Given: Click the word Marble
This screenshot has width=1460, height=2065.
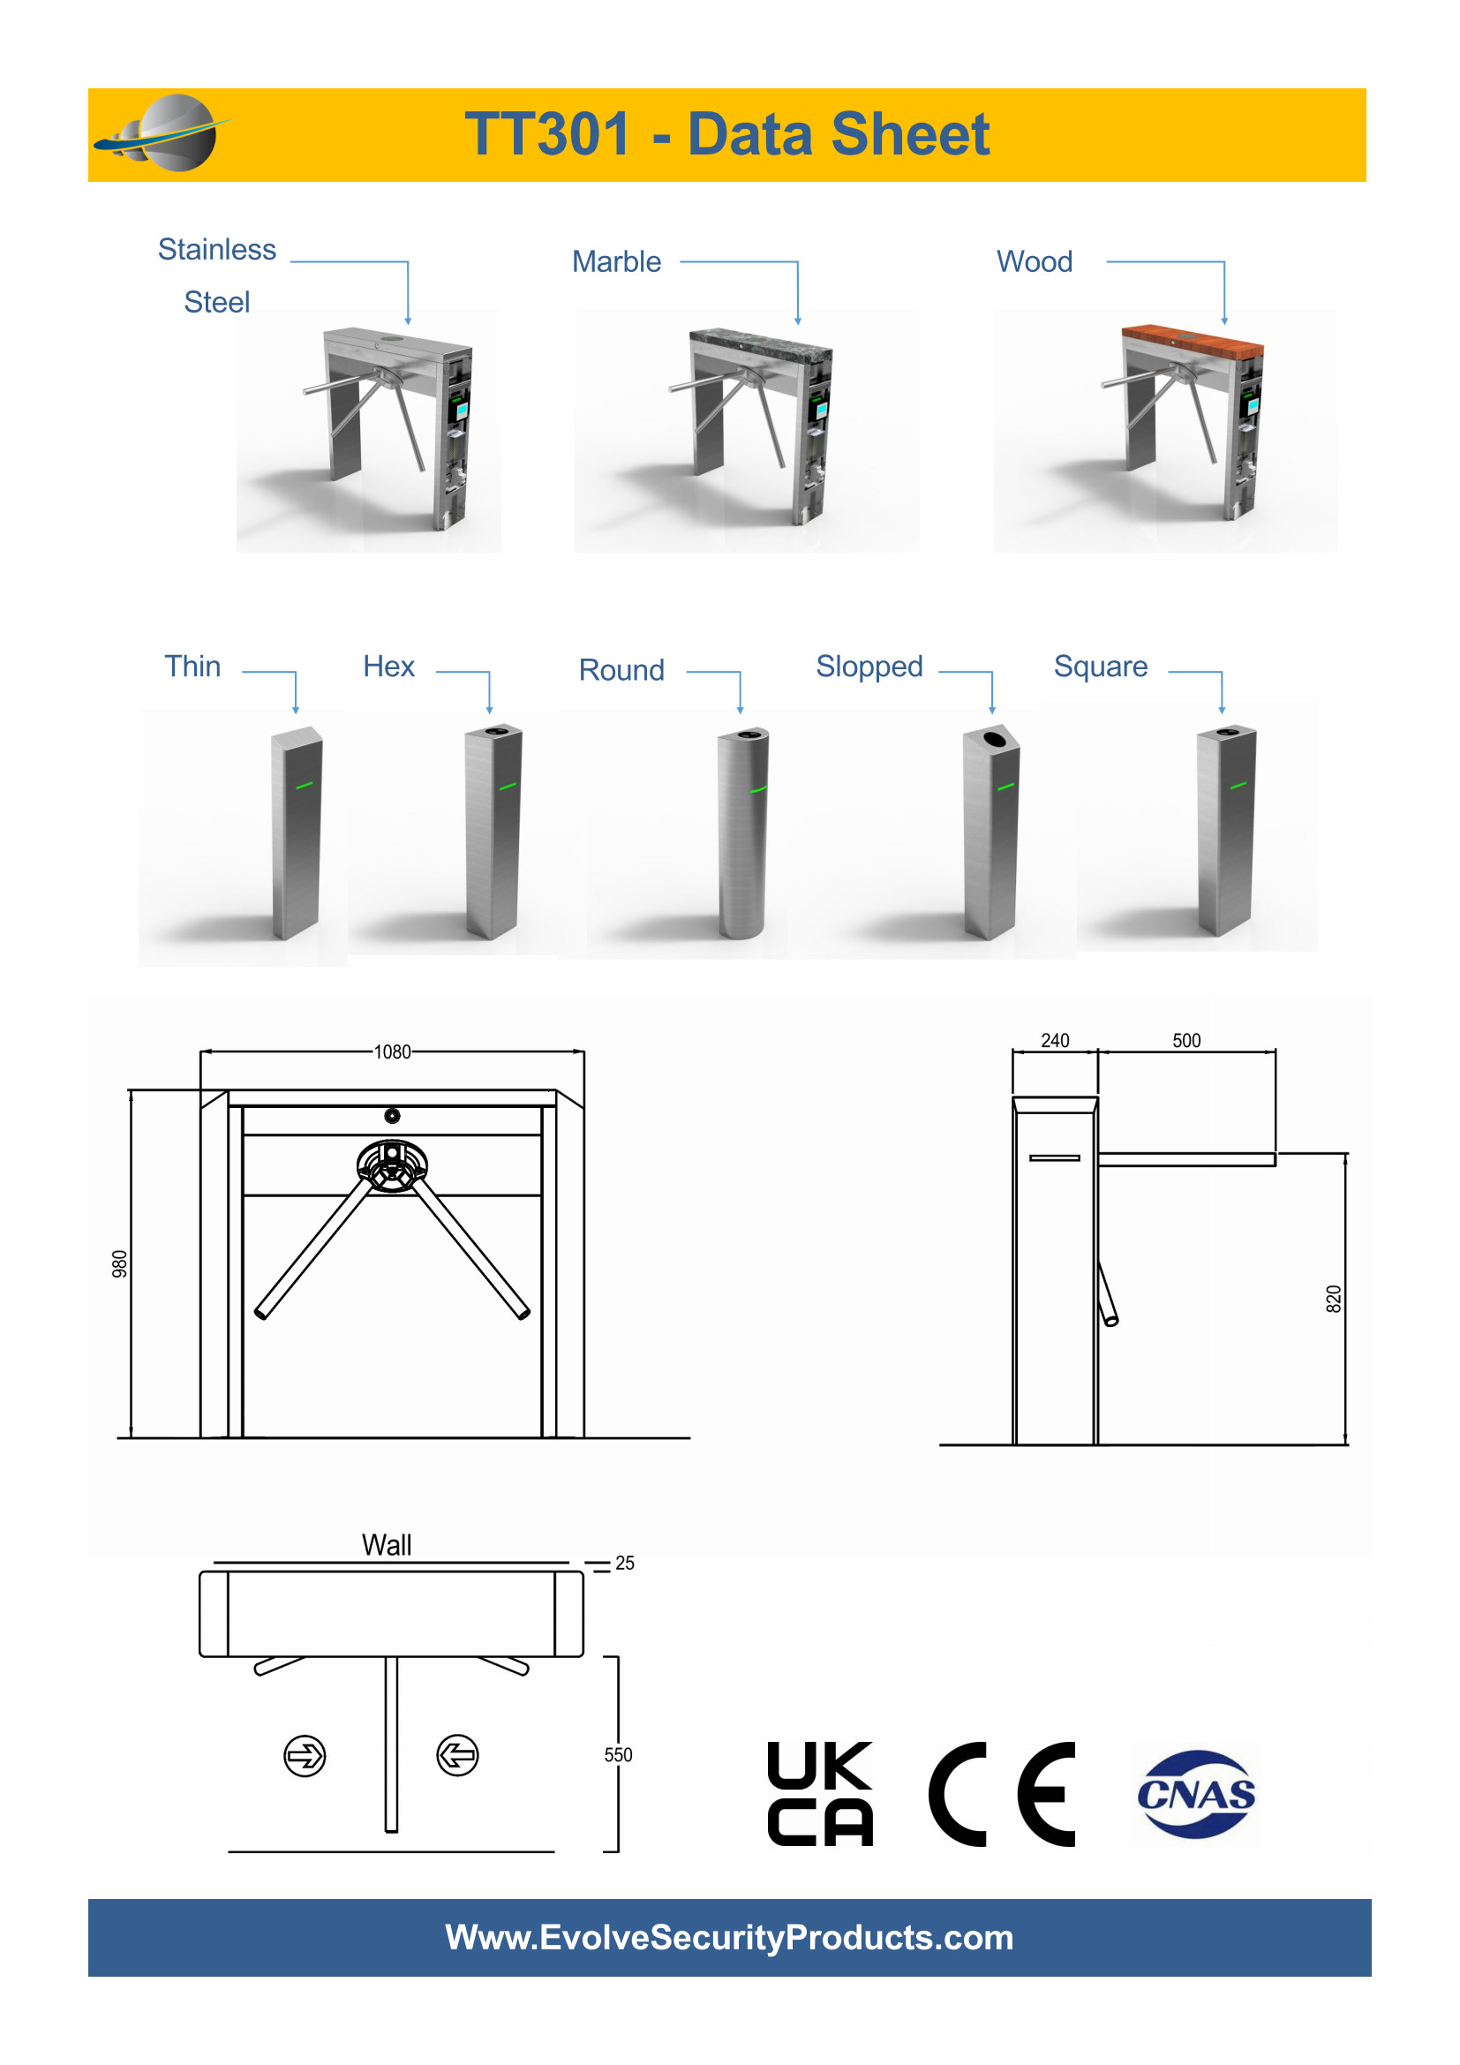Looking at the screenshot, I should (616, 261).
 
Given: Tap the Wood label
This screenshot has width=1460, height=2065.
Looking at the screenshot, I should (1034, 261).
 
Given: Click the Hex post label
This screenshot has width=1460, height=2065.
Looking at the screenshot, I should (388, 667).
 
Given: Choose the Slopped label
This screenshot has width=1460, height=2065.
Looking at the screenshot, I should (869, 667).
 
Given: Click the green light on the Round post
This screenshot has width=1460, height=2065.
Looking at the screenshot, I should (758, 789).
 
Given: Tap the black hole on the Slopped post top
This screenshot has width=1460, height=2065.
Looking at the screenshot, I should (994, 739).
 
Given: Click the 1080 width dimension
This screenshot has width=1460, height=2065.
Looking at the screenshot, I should (392, 1051).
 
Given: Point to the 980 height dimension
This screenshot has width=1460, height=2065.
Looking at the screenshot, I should (119, 1263).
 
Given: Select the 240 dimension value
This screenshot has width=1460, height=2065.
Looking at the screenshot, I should (1055, 1041).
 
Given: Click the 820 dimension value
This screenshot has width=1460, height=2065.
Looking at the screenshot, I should (1333, 1299).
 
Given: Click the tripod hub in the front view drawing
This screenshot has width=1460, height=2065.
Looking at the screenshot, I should (392, 1165).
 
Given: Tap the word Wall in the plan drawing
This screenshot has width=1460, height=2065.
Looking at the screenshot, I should (387, 1545).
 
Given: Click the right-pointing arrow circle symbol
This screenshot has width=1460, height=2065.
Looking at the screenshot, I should (305, 1756).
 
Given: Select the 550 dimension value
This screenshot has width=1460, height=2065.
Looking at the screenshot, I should (618, 1755).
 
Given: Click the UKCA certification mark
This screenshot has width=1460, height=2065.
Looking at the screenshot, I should (820, 1794).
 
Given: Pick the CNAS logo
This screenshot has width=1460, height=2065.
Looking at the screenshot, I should (1196, 1794).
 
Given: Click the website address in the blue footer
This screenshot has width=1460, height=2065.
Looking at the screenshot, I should (729, 1937).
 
